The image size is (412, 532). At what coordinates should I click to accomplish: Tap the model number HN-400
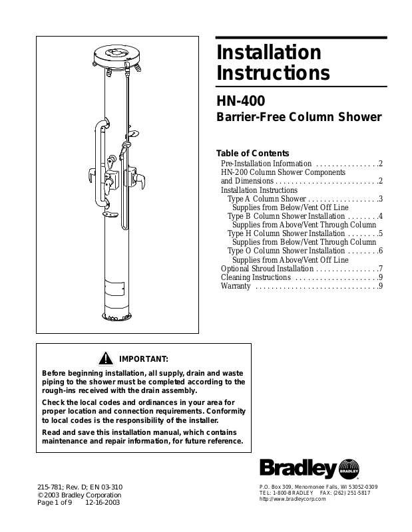(241, 101)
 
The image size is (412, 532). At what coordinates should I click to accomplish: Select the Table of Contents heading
(253, 153)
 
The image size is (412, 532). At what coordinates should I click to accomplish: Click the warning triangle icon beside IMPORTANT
(104, 359)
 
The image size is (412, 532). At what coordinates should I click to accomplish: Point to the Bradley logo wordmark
(298, 469)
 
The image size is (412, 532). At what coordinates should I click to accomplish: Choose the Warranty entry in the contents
(236, 287)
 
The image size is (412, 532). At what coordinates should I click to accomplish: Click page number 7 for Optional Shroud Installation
(379, 269)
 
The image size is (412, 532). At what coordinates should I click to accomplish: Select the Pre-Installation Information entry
(266, 164)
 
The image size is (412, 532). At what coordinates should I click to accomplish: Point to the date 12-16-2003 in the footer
(103, 503)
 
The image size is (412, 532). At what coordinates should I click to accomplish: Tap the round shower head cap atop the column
(116, 53)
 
